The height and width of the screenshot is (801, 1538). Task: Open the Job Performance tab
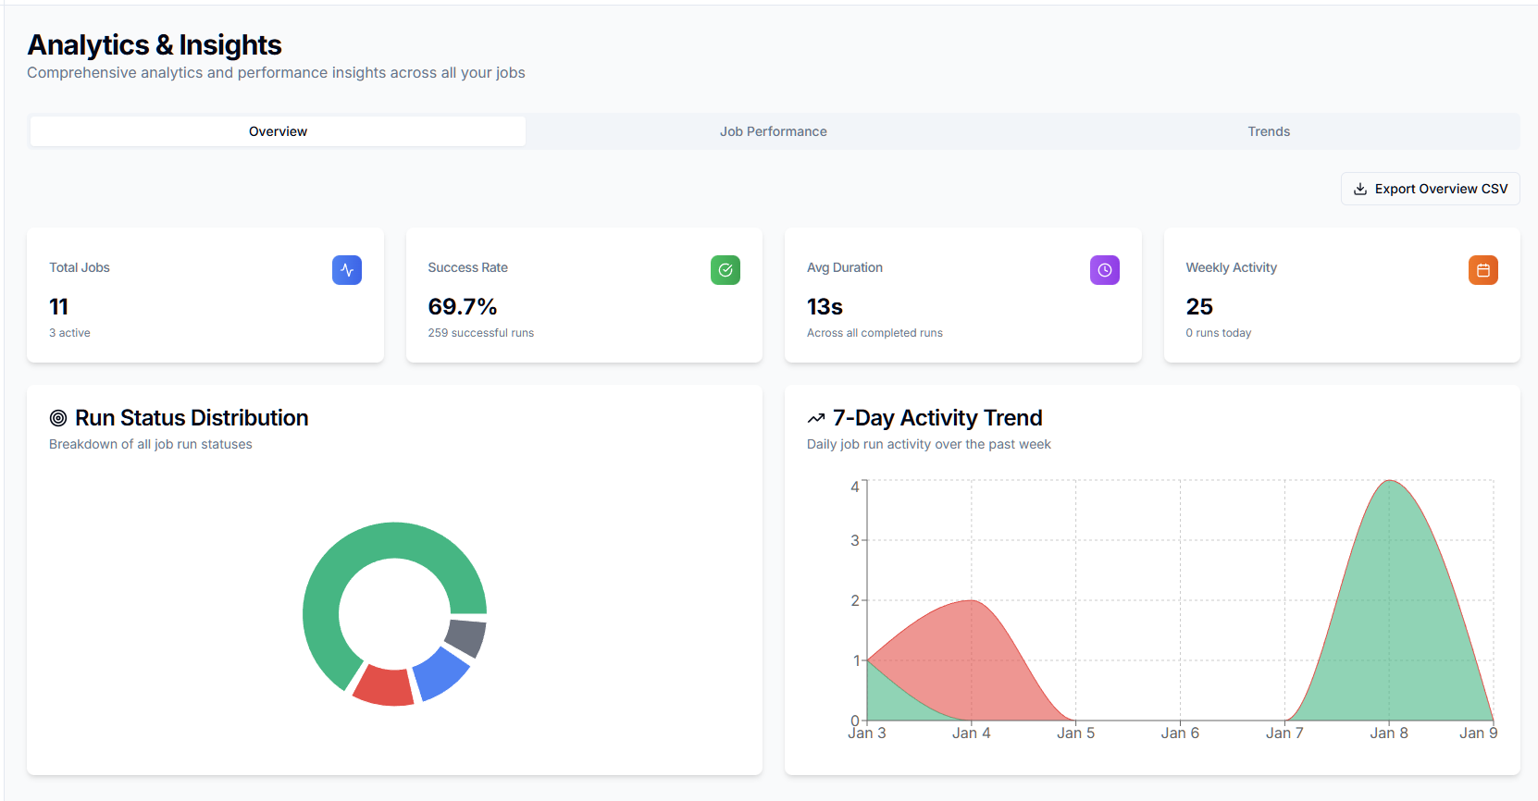(x=773, y=131)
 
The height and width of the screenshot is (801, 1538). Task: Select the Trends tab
(x=1268, y=131)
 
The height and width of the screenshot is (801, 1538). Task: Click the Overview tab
(x=278, y=131)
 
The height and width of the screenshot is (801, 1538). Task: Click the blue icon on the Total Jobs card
(x=346, y=270)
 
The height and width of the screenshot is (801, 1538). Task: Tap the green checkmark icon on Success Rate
(x=725, y=270)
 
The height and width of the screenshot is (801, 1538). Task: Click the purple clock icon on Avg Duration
(x=1104, y=270)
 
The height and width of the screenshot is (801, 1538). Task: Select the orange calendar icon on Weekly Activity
(x=1482, y=270)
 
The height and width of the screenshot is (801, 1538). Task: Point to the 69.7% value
(x=462, y=306)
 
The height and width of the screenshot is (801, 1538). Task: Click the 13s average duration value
(x=825, y=306)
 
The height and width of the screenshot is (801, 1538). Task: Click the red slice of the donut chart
(x=384, y=686)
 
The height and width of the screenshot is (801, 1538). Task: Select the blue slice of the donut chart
(x=440, y=673)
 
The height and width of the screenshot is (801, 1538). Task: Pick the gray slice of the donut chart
(x=466, y=637)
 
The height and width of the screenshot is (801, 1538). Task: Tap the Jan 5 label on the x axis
(x=1075, y=733)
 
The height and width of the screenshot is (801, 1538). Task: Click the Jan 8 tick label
(x=1388, y=733)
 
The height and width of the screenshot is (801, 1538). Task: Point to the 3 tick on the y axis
(x=855, y=540)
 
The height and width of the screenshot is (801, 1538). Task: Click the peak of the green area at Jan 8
(x=1389, y=481)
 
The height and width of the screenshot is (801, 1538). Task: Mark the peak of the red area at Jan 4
(x=971, y=601)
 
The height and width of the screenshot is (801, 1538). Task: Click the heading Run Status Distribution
(x=191, y=418)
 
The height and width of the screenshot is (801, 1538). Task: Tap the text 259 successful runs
(x=480, y=333)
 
